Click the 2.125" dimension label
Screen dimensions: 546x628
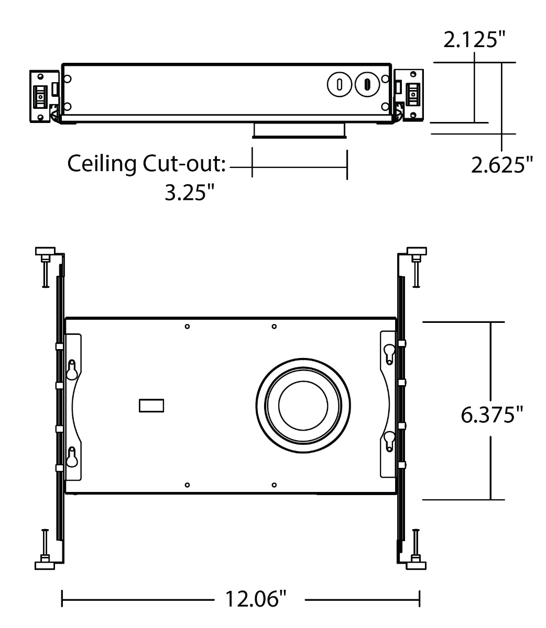coord(474,39)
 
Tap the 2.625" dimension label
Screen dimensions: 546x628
coord(502,165)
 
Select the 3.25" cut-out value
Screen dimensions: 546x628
coord(189,193)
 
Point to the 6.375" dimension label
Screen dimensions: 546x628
coord(492,415)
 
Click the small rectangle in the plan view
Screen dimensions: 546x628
coord(151,406)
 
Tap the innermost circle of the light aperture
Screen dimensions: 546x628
coord(303,406)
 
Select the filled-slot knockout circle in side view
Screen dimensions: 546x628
coord(367,84)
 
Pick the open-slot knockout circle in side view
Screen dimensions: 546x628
coord(340,84)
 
